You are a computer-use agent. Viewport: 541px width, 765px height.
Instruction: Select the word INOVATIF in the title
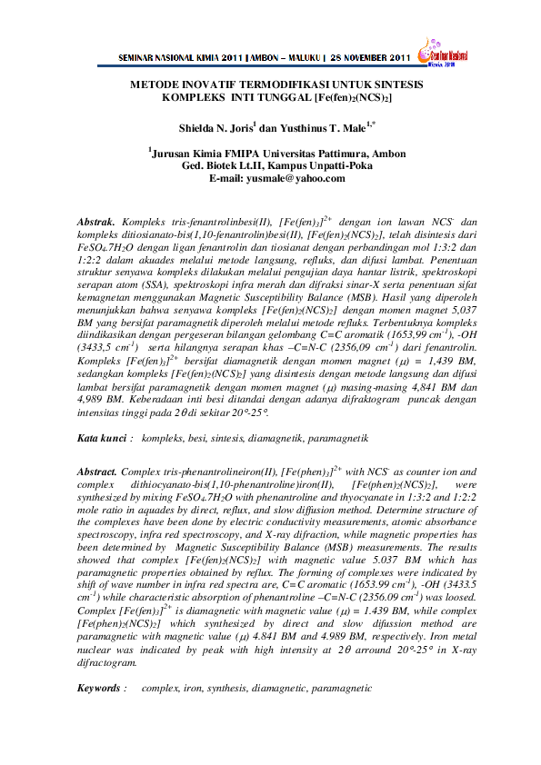205,83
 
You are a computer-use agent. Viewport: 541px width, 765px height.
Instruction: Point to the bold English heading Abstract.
97,472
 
